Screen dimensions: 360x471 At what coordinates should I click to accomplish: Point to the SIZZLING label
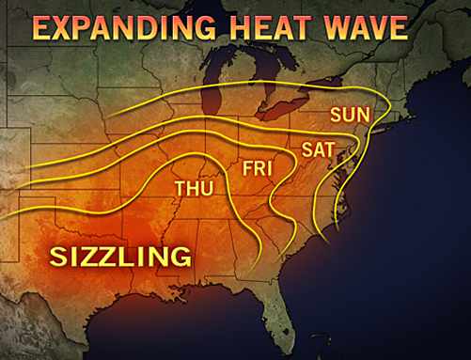click(x=120, y=256)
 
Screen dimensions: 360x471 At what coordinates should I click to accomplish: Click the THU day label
click(x=194, y=189)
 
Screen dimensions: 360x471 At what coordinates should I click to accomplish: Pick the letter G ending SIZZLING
click(x=181, y=256)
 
